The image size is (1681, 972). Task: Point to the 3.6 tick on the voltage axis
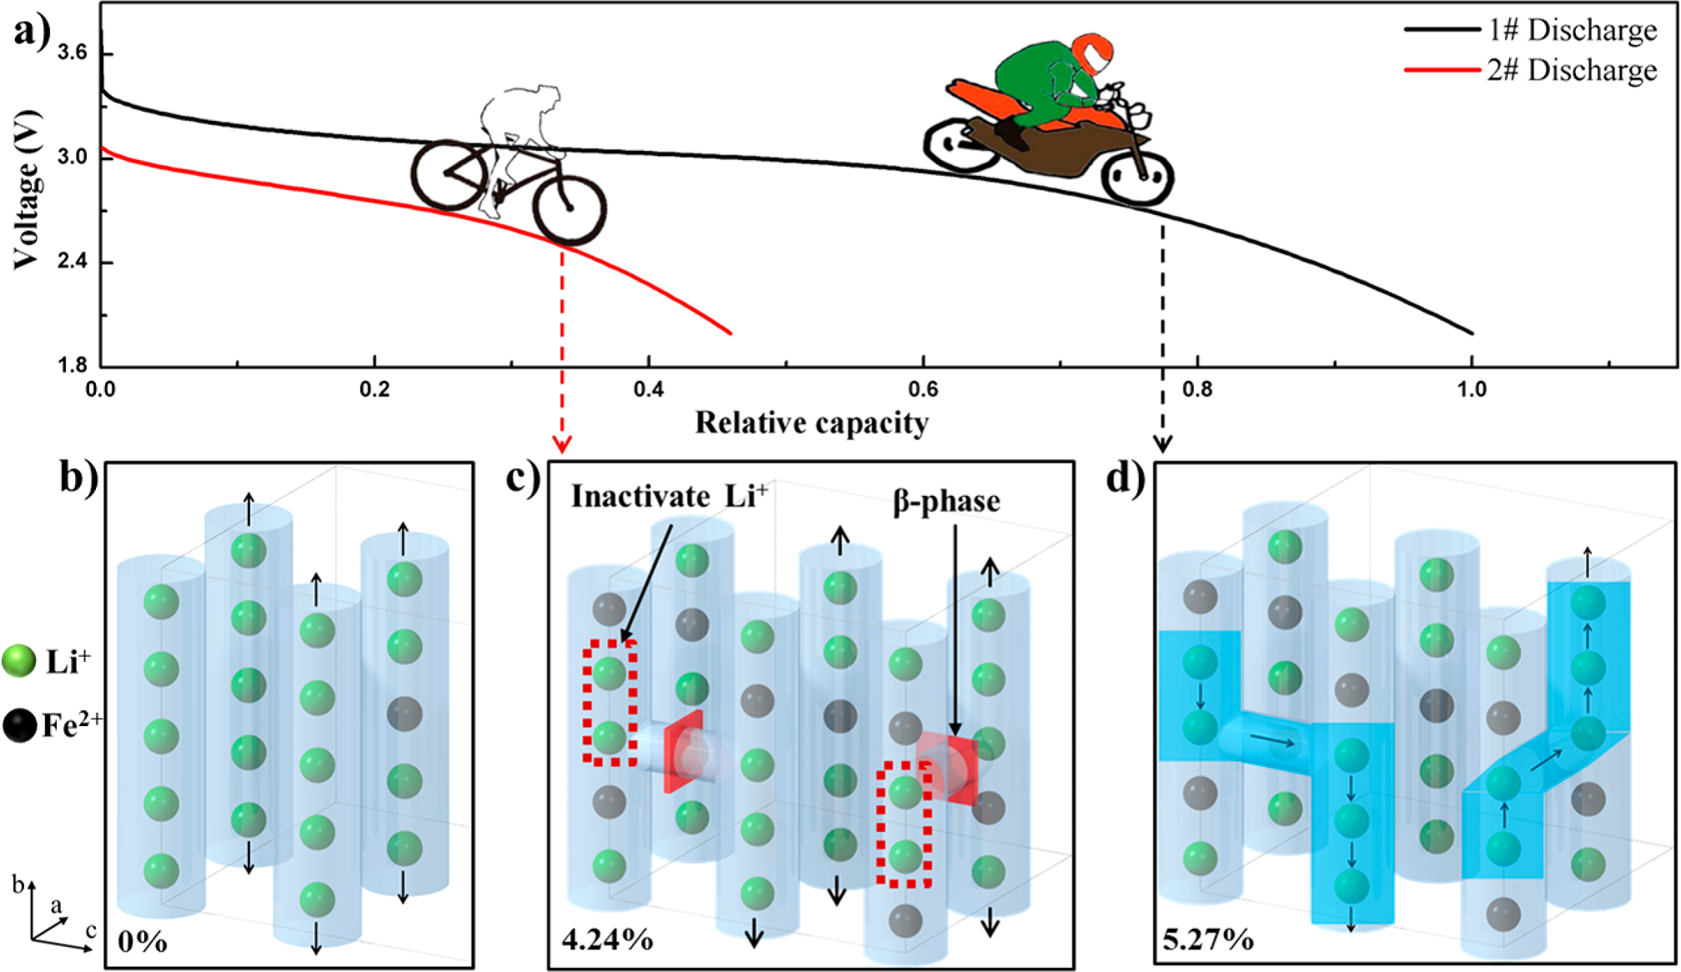click(x=72, y=53)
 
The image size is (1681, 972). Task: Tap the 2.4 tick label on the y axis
click(x=72, y=262)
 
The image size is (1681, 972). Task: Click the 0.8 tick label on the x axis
click(x=1197, y=389)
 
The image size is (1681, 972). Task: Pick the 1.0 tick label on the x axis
click(x=1472, y=389)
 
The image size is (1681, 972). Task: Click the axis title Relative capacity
click(x=811, y=423)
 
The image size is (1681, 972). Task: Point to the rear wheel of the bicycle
click(x=449, y=174)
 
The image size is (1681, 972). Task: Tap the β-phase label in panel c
click(x=946, y=501)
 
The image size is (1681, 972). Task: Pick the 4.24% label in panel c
click(x=607, y=939)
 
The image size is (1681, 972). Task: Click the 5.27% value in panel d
click(x=1207, y=939)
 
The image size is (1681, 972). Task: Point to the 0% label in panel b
click(x=143, y=942)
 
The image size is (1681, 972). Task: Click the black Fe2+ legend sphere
click(x=19, y=725)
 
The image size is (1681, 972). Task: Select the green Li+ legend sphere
click(x=19, y=661)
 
